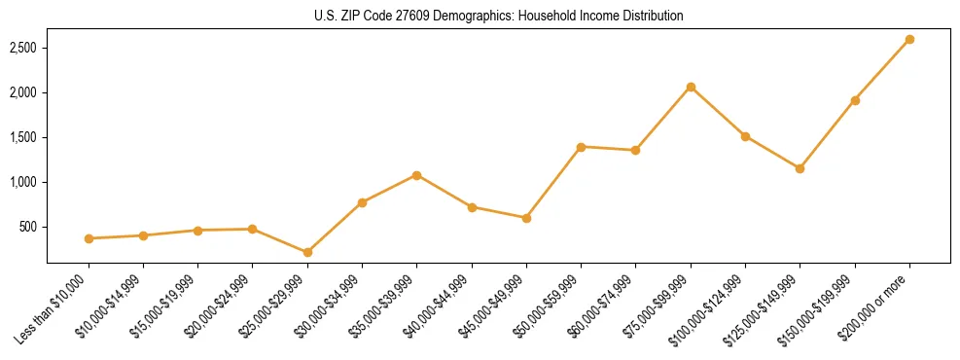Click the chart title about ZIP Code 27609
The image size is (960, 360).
(498, 17)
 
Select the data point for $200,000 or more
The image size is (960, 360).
(909, 40)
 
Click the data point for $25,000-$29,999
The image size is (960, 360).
(307, 253)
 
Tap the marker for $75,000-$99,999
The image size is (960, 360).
(691, 87)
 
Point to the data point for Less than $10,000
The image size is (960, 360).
(89, 238)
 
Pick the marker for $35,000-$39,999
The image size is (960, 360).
(416, 175)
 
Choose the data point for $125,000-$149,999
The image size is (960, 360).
(800, 168)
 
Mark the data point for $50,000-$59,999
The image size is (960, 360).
(581, 147)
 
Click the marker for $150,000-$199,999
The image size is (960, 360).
(855, 100)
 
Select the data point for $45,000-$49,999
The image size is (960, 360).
(526, 218)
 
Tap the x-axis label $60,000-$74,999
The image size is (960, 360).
(598, 310)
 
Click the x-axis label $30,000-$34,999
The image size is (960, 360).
(325, 310)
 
